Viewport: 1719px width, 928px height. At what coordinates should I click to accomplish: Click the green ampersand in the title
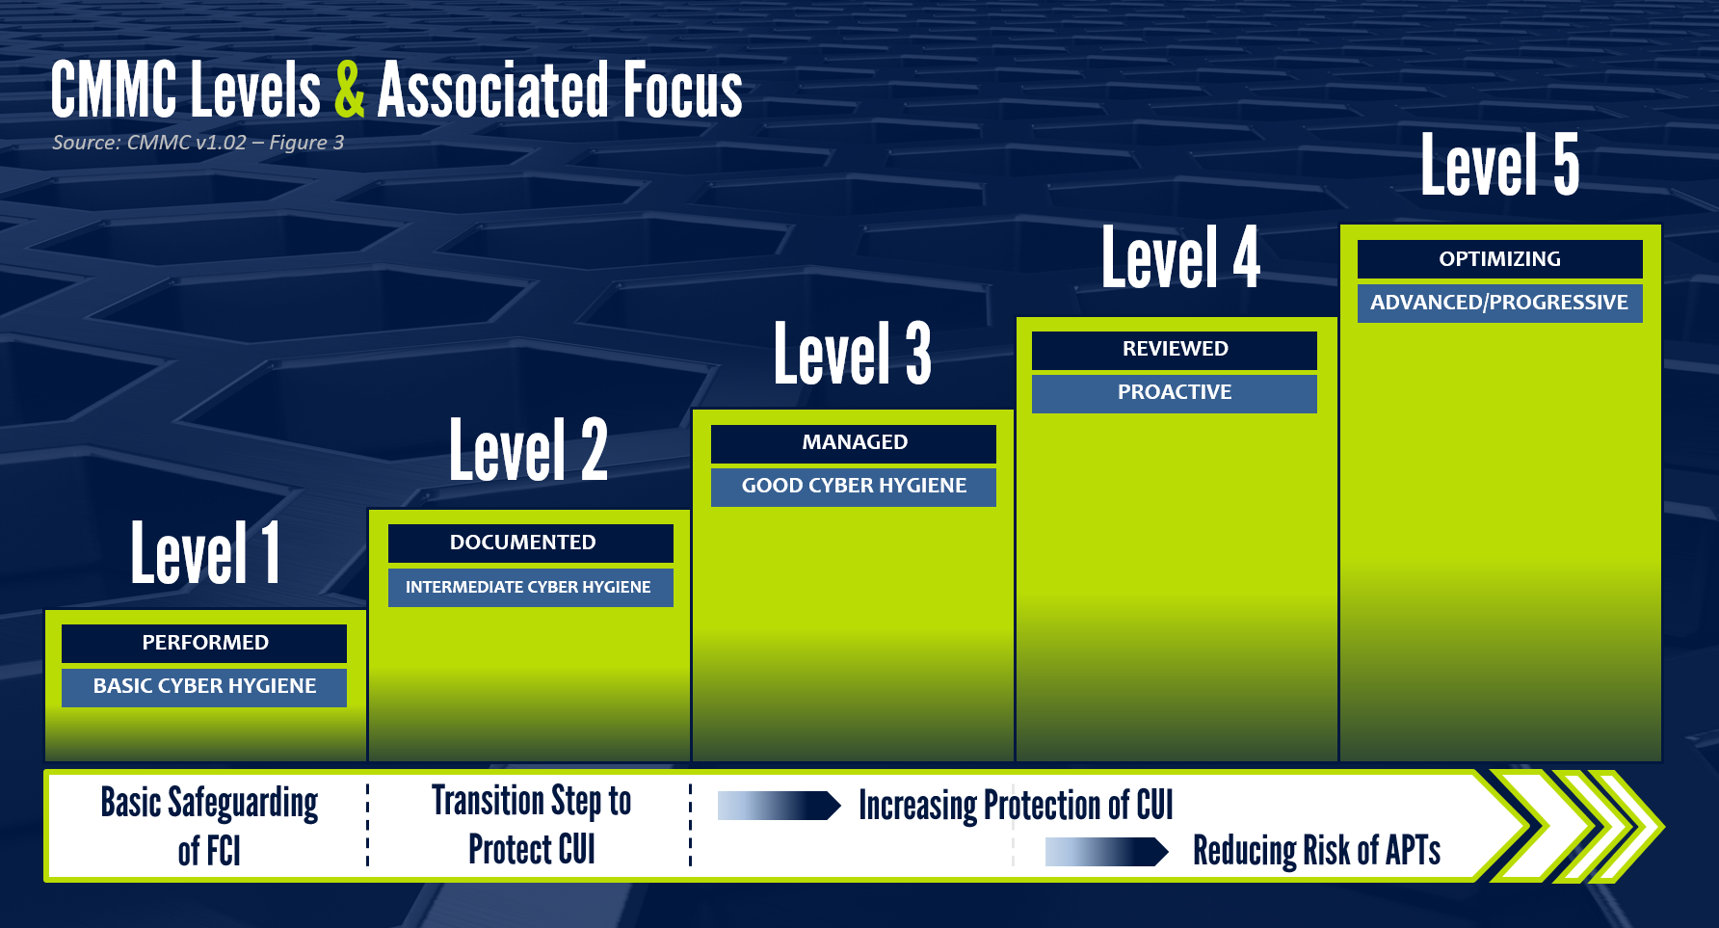point(350,89)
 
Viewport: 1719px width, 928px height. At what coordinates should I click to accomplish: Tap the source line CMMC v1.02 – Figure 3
point(198,143)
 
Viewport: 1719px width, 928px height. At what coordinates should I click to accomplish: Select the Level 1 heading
point(205,552)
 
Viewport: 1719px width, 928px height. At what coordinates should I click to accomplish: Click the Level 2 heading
point(528,450)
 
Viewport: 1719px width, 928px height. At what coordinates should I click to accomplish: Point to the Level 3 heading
point(853,354)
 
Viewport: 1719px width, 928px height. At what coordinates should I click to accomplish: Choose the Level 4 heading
point(1180,257)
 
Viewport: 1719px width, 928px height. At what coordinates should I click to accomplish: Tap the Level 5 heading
point(1500,165)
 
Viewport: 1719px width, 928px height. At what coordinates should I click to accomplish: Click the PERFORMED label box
point(204,644)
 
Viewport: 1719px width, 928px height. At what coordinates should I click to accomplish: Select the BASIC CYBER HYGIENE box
point(204,687)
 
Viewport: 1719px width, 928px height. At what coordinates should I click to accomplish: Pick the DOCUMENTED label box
point(531,544)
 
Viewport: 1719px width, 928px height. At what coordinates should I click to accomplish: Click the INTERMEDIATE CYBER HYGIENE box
point(531,588)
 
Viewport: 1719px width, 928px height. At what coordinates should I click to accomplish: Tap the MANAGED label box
point(854,443)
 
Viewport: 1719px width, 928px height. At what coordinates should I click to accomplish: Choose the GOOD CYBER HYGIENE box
point(854,487)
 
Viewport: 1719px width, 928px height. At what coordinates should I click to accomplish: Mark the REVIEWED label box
point(1175,350)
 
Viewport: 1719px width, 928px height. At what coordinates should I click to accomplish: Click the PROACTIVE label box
point(1175,393)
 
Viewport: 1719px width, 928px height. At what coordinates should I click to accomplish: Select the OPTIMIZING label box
point(1500,259)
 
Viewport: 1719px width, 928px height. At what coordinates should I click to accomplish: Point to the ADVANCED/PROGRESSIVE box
point(1500,304)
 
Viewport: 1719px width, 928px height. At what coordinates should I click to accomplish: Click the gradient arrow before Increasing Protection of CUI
point(780,806)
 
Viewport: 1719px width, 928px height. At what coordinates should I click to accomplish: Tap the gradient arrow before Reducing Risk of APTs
point(1107,852)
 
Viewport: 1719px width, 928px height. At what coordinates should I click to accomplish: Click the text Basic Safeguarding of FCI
point(209,827)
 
